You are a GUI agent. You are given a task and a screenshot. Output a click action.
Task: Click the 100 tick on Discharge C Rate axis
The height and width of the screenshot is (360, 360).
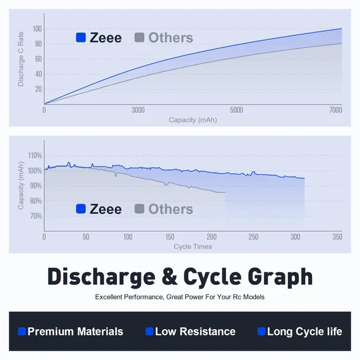tap(37, 29)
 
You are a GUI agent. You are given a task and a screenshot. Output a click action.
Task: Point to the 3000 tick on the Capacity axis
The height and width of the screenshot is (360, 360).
tap(138, 110)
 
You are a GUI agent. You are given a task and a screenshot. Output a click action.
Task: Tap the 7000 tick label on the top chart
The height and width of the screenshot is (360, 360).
tap(335, 110)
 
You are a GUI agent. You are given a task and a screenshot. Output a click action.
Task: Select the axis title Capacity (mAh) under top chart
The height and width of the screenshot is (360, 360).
tap(193, 120)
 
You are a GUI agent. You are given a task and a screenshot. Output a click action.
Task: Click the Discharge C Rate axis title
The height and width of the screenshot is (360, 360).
tap(21, 59)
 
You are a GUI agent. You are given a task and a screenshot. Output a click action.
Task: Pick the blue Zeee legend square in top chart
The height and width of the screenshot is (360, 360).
tap(81, 37)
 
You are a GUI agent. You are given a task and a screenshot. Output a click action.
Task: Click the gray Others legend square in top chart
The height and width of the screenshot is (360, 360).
tap(140, 37)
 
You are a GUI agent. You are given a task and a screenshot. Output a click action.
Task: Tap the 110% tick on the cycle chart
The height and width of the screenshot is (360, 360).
tap(35, 155)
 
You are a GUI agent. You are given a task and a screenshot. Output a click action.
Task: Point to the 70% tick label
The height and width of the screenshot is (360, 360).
tap(36, 216)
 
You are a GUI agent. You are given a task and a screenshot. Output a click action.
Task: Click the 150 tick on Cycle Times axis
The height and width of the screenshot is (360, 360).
tap(170, 237)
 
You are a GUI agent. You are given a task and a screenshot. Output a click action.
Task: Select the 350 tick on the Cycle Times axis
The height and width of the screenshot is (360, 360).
tap(337, 237)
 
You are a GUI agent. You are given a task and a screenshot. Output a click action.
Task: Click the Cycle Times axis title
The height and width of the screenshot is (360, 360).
tap(193, 246)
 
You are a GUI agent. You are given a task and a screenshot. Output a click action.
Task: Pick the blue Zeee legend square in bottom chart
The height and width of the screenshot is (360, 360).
tap(81, 208)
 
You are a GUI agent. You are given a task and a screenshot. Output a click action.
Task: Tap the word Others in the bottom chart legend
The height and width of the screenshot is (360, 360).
tap(171, 209)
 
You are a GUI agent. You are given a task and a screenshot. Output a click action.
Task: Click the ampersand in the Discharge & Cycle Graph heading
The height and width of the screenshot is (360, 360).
tap(169, 277)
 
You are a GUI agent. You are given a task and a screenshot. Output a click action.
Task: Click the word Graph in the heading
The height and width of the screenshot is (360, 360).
tap(280, 278)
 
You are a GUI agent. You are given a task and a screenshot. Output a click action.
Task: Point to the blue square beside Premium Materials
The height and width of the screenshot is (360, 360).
tap(22, 332)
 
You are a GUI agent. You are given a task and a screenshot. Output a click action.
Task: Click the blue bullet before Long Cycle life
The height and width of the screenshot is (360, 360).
tap(261, 332)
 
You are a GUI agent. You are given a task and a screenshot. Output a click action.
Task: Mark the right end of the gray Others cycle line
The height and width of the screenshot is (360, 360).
tap(225, 193)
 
